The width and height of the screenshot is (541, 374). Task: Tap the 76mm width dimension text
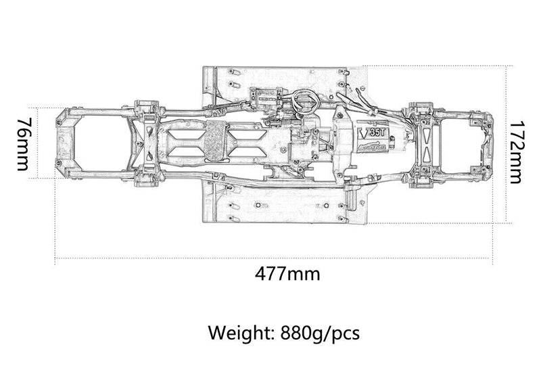[22, 144]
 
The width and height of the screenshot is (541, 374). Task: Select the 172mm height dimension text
[517, 152]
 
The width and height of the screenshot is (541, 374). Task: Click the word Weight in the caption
[239, 333]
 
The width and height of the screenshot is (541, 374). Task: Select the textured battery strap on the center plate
[214, 139]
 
